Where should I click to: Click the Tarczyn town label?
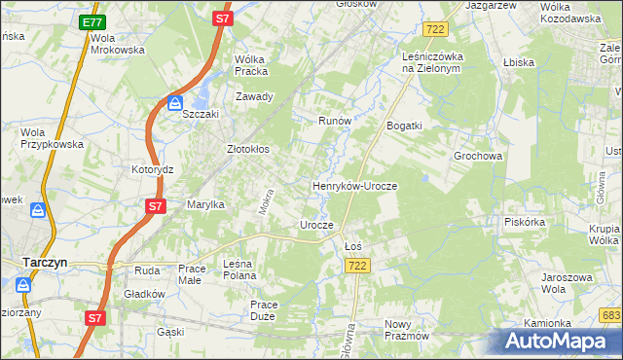[x=44, y=261]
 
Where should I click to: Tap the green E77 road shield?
[x=92, y=22]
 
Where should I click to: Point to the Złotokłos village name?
[x=247, y=150]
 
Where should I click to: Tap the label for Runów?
[x=334, y=122]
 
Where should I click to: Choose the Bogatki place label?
[x=404, y=126]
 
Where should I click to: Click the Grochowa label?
[x=477, y=156]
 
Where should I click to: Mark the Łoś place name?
[x=353, y=246]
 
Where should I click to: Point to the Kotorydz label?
[x=152, y=168]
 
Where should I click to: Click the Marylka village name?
[x=205, y=204]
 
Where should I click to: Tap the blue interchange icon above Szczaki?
[x=175, y=102]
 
